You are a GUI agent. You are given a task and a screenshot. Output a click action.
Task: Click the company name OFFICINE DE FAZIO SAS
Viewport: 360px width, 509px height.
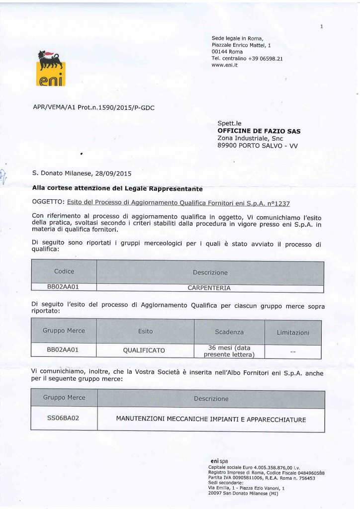point(259,131)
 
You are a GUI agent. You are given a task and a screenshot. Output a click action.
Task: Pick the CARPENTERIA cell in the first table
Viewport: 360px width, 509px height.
point(209,287)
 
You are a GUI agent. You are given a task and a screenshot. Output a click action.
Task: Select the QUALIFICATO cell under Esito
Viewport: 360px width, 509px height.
point(144,350)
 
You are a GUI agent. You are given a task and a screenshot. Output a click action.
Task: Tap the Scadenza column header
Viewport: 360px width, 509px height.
point(229,332)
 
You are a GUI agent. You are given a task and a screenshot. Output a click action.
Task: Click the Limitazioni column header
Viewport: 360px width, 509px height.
point(293,332)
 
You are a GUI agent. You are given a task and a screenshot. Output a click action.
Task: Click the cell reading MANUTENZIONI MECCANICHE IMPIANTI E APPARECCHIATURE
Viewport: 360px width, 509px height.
point(211,419)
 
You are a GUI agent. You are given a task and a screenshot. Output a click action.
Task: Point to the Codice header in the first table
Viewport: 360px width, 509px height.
point(64,271)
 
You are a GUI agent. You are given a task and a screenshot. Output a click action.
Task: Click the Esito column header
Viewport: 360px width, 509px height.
point(145,331)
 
